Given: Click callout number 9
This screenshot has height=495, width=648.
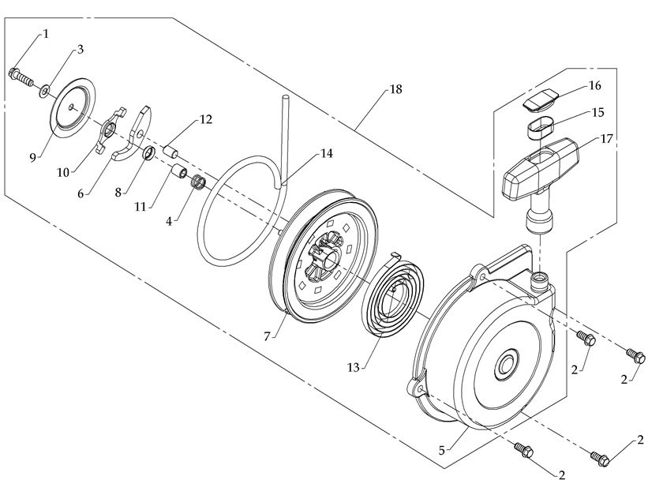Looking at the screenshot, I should click(x=33, y=157).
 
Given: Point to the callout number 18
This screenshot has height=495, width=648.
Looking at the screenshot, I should click(x=395, y=89).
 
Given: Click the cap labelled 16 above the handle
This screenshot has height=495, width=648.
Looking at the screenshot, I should click(x=542, y=101).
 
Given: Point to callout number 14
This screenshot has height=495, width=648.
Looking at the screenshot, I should click(x=326, y=154).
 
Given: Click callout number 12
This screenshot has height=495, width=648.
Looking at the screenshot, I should click(x=205, y=120).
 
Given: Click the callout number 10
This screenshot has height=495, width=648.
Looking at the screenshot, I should click(x=66, y=171).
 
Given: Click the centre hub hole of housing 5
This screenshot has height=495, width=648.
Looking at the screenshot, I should click(x=505, y=369).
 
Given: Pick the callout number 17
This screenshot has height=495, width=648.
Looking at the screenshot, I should click(x=607, y=140).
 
